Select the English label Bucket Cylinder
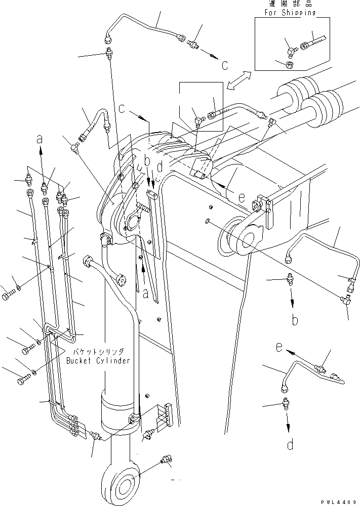tap(98, 361)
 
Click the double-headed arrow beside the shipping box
tap(238, 81)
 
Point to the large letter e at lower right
tap(278, 348)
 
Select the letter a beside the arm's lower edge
tap(146, 293)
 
